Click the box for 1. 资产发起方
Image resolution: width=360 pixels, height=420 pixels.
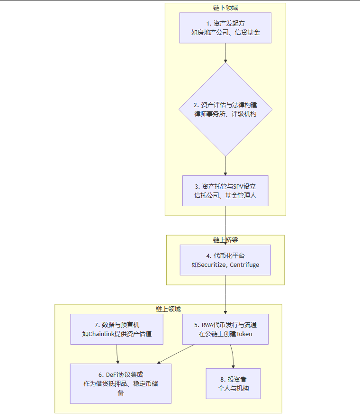tap(225, 28)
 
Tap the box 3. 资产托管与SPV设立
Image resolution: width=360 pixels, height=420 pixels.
tap(225, 191)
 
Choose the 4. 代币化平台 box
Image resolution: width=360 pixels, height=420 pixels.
tap(225, 260)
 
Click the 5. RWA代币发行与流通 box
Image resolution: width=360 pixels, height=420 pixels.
tap(225, 329)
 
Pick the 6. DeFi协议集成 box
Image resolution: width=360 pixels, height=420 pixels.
tap(120, 383)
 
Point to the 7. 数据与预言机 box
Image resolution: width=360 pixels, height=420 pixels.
tap(117, 329)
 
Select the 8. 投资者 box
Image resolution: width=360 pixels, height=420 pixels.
tap(233, 383)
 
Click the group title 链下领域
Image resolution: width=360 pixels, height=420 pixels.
tap(225, 8)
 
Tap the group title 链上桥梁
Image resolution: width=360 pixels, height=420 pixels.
tap(225, 239)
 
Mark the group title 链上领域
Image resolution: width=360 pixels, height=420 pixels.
tap(168, 309)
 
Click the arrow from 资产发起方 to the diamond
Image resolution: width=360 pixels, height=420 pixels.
tap(225, 53)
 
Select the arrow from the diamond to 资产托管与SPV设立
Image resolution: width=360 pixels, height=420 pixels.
tap(225, 166)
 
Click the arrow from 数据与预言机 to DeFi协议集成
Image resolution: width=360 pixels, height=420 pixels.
tap(117, 354)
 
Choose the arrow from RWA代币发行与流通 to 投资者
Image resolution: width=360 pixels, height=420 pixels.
tap(233, 356)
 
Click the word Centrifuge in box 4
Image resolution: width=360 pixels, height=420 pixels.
tap(244, 265)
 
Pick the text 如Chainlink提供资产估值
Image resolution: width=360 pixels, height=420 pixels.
tap(117, 334)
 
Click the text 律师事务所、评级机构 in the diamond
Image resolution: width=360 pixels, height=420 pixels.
tap(225, 114)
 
